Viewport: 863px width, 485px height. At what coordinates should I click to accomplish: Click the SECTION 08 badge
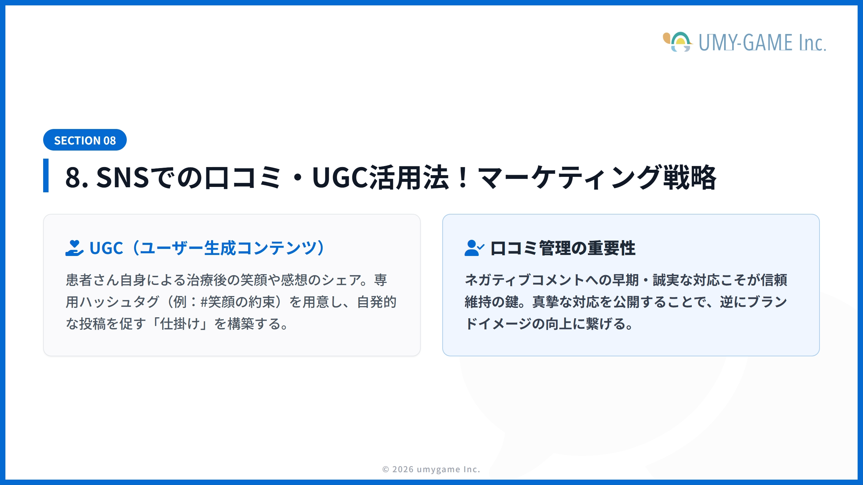click(x=85, y=140)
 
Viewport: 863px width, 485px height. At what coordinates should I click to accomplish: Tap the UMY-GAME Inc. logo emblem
click(x=678, y=42)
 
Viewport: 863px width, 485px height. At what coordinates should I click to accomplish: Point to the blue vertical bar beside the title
click(x=46, y=175)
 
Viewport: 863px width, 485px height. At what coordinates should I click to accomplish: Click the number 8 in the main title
click(x=73, y=177)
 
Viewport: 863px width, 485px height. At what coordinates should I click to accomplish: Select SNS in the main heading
click(x=122, y=177)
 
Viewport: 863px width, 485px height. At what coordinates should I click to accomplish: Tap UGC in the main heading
click(x=340, y=177)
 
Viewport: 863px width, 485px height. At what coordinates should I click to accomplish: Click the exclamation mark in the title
click(x=463, y=177)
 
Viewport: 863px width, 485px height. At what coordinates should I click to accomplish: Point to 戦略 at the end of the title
click(x=690, y=177)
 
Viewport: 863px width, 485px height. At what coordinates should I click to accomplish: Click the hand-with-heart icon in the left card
click(x=74, y=248)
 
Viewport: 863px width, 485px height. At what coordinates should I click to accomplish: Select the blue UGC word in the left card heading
click(x=106, y=248)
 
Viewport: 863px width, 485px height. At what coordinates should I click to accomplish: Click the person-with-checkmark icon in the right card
click(x=474, y=248)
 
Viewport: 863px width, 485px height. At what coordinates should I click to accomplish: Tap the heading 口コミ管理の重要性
click(x=563, y=248)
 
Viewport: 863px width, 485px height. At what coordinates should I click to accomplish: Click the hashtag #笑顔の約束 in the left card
click(x=238, y=302)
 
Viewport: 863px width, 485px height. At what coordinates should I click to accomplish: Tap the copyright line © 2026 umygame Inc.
click(x=431, y=469)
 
